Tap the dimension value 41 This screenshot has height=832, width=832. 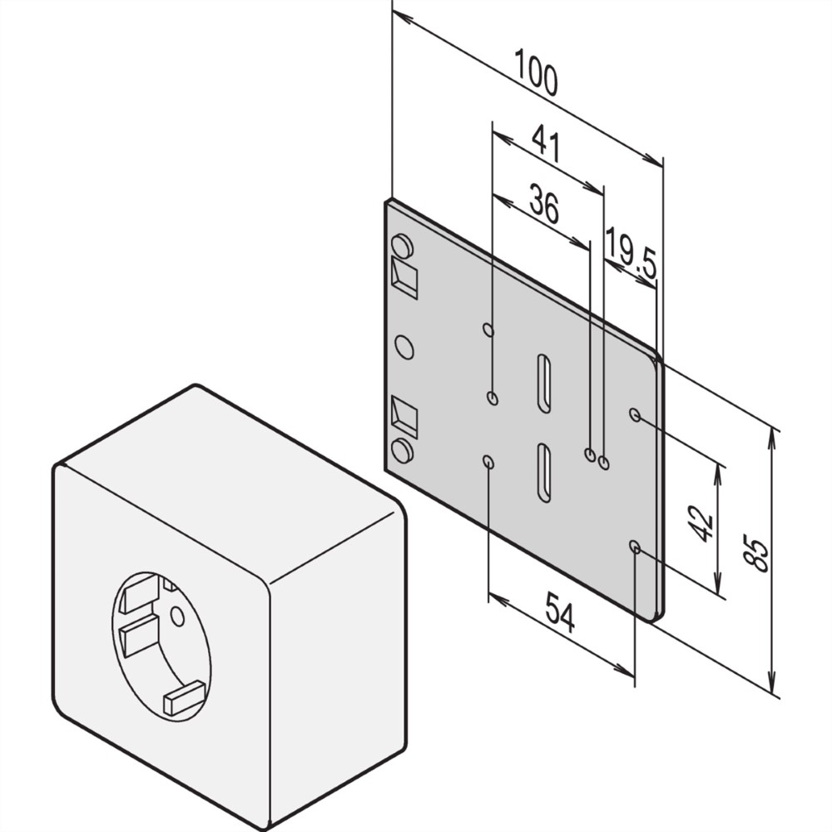[547, 143]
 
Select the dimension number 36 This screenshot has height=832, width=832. [544, 203]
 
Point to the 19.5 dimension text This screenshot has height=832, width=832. [631, 253]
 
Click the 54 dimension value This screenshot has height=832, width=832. [560, 613]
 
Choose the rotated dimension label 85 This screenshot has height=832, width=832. [756, 555]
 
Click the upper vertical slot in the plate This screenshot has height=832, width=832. [543, 383]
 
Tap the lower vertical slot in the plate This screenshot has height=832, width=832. [543, 473]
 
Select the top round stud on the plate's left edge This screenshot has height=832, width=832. [402, 246]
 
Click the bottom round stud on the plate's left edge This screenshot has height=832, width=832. [402, 450]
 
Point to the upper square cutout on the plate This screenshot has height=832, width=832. [404, 278]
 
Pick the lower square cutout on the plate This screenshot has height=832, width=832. [404, 417]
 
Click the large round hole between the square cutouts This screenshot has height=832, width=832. [404, 347]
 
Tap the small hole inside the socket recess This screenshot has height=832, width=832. [177, 617]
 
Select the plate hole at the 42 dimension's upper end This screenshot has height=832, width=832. [635, 414]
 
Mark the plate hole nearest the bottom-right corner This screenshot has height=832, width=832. [635, 547]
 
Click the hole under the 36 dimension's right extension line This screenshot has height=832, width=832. [590, 455]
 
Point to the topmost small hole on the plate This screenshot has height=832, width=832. [488, 330]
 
